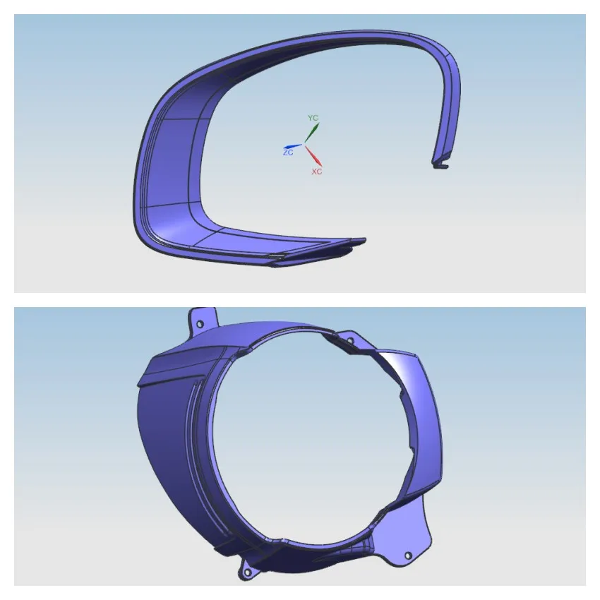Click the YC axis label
pos(313,117)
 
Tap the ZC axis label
pos(287,152)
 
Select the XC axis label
pos(317,172)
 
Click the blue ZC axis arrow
pos(293,146)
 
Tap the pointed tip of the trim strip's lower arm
pos(361,241)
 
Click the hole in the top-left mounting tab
pos(200,323)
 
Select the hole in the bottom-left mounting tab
pos(248,571)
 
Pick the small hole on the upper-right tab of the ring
pos(350,342)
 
